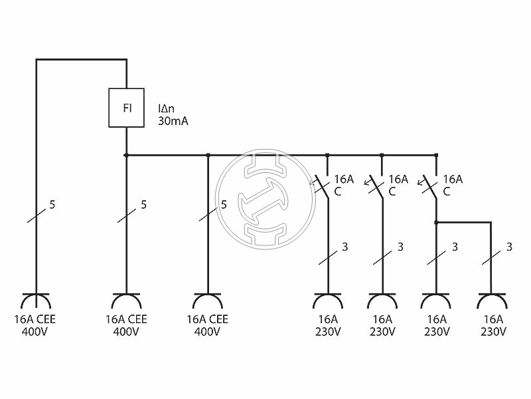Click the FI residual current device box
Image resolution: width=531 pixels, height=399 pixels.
[x=126, y=108]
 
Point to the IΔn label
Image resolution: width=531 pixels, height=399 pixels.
[x=167, y=108]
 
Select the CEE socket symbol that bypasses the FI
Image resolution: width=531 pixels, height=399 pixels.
[x=36, y=301]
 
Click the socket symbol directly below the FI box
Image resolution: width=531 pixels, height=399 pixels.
[x=126, y=301]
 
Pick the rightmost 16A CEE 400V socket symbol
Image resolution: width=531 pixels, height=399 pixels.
[x=208, y=301]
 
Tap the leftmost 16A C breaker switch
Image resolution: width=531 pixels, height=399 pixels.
[x=323, y=187]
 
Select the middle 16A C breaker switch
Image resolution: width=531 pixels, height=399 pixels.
[x=378, y=187]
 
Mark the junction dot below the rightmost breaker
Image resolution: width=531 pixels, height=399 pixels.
[x=436, y=223]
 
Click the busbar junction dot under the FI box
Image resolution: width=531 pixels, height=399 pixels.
[x=126, y=156]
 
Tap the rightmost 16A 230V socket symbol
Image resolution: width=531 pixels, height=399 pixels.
[x=491, y=301]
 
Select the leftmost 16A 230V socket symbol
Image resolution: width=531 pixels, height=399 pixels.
[x=327, y=301]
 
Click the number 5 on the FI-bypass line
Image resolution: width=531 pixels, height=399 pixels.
[x=52, y=204]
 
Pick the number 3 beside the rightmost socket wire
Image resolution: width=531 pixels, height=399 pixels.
[x=509, y=247]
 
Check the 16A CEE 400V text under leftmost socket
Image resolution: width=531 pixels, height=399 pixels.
[x=35, y=325]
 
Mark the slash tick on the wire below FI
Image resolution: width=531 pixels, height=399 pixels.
[x=126, y=214]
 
